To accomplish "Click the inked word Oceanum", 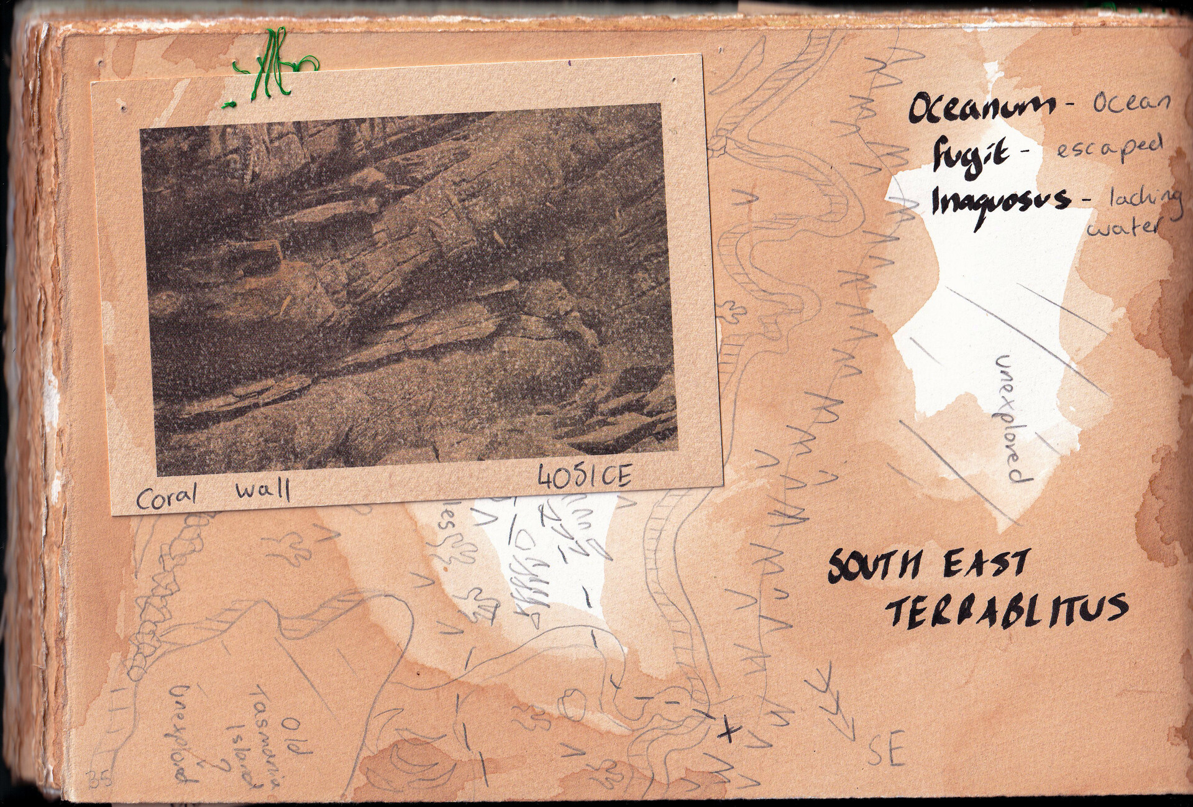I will tap(980, 109).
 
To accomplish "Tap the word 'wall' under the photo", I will tap(263, 491).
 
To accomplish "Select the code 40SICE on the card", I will tap(584, 477).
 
